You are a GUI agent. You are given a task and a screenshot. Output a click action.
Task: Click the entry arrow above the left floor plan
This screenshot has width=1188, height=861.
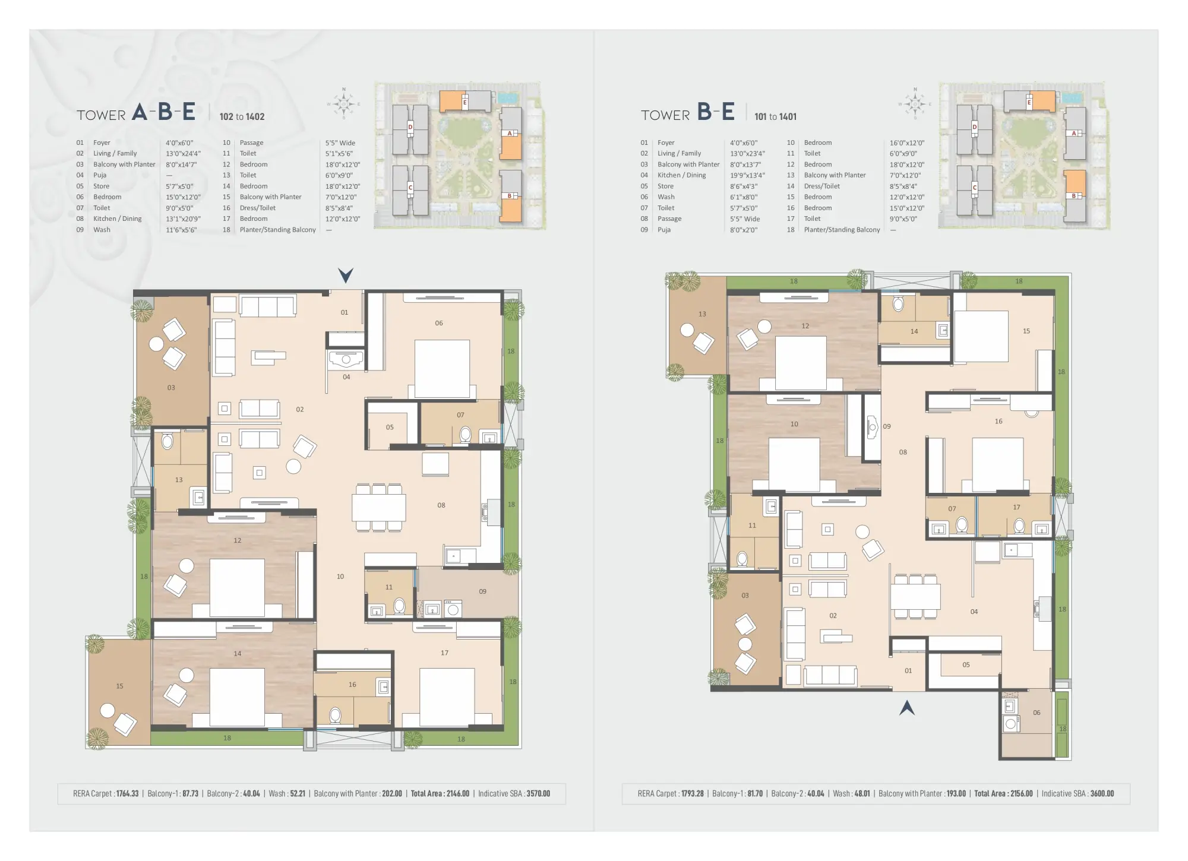pos(346,276)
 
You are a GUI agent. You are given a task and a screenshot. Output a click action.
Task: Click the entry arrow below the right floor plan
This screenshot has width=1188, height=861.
pos(906,707)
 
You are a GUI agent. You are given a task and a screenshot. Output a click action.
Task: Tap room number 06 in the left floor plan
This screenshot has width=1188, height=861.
pos(439,323)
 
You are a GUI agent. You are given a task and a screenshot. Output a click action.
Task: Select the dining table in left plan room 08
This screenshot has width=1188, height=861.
pos(378,508)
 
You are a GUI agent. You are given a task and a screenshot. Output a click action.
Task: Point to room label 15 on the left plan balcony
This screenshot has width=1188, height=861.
pos(119,686)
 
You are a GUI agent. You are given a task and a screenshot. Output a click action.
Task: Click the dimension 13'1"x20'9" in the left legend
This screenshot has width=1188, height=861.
pos(184,219)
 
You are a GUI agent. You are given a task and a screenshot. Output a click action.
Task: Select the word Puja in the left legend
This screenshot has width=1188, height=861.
pos(100,175)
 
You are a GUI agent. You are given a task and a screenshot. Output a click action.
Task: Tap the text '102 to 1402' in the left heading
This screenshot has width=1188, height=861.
pos(242,117)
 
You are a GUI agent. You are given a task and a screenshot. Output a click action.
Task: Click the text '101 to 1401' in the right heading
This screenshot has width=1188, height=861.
pos(775,117)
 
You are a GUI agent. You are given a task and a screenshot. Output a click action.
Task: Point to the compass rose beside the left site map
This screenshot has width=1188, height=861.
pos(344,104)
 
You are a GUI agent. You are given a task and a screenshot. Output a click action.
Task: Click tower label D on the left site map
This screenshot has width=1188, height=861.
pos(410,127)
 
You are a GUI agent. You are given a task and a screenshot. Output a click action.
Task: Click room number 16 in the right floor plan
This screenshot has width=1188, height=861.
pos(999,421)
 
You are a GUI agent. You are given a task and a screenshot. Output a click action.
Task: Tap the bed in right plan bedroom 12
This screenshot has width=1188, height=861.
pos(801,363)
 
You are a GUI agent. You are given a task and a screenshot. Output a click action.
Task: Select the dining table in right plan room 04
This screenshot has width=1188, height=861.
pos(915,596)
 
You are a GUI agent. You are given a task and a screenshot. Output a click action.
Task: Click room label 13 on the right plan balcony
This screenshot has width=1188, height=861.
pos(702,314)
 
